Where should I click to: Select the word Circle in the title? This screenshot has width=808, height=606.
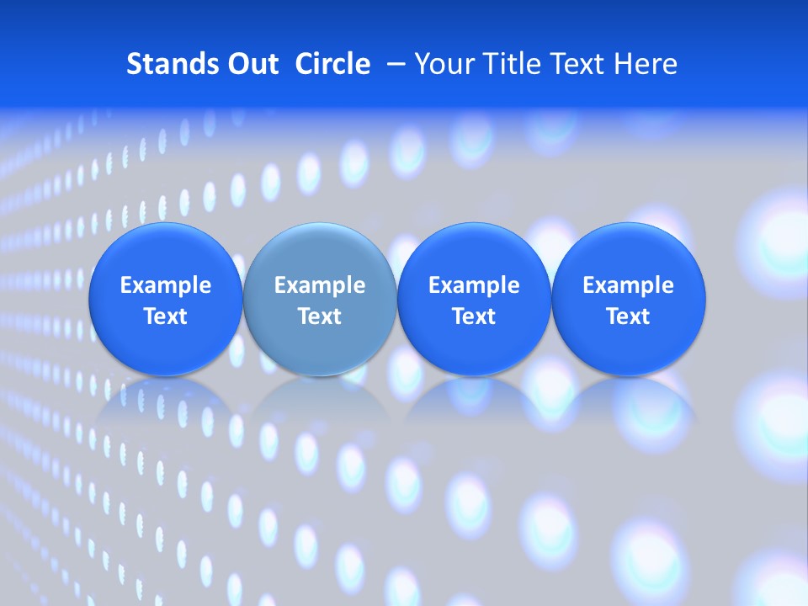pos(332,64)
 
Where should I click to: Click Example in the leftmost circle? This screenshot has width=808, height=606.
pos(166,285)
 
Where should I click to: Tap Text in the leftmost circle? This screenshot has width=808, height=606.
pos(166,316)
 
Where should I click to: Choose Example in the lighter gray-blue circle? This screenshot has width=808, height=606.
pos(320,285)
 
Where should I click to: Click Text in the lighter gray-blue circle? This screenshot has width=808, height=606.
pos(320,316)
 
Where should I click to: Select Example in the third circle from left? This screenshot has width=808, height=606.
pos(474,285)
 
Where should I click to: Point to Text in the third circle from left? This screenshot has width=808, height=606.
pos(474,316)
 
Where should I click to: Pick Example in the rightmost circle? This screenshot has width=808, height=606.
pos(629,285)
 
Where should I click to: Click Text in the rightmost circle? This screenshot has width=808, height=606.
pos(629,316)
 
